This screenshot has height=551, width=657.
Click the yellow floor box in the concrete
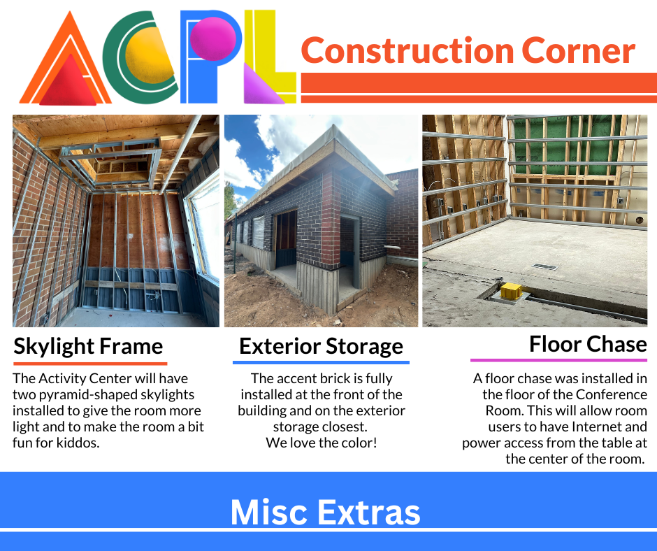[511, 291]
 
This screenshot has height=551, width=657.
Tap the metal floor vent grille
[544, 266]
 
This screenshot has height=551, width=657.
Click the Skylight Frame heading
[88, 347]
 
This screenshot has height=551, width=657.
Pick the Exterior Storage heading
[321, 347]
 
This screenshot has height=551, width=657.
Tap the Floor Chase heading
[588, 344]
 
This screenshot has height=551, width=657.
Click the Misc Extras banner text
[325, 512]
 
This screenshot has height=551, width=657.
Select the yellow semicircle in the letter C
[150, 55]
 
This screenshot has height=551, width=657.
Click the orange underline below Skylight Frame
[90, 364]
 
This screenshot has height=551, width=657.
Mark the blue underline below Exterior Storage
[321, 362]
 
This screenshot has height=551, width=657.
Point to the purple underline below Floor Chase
[558, 360]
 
